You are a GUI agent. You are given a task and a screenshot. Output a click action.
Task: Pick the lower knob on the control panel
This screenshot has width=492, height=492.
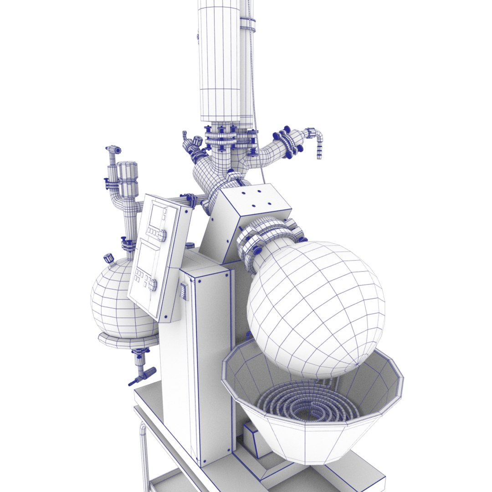[x=152, y=285]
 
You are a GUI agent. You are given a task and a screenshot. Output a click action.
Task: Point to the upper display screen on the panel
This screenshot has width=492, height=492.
[x=158, y=216]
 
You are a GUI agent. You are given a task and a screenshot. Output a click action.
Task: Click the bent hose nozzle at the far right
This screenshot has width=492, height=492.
[x=318, y=141]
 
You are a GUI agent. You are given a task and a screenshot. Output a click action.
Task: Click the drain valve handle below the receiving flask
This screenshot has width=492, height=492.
[x=142, y=376]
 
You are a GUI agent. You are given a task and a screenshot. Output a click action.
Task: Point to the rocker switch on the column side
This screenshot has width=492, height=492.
[x=183, y=292]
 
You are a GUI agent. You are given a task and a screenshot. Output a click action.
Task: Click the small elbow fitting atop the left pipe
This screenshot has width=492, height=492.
[x=113, y=149]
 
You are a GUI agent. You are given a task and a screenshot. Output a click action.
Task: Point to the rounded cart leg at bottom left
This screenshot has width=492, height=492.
[x=144, y=456]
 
